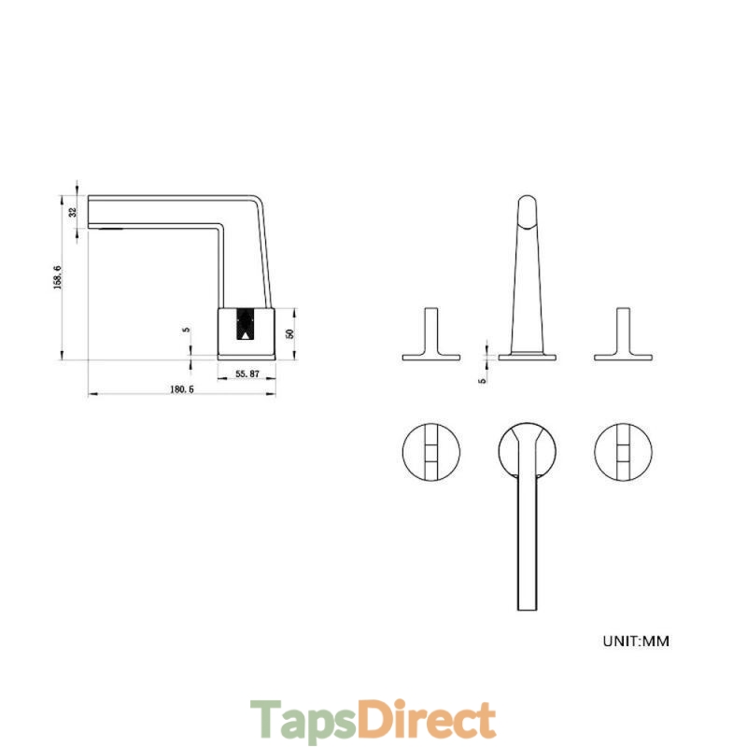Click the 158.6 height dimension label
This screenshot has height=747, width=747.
tap(58, 277)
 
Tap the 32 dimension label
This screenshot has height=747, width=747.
tap(73, 212)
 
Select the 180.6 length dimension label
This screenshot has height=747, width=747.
tap(182, 389)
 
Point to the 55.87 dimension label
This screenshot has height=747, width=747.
tap(247, 374)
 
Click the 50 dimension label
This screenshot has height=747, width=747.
tap(289, 333)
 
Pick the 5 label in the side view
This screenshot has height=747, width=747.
tap(187, 330)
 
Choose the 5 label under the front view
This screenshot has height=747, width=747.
tap(483, 381)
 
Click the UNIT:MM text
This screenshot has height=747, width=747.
tap(636, 641)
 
